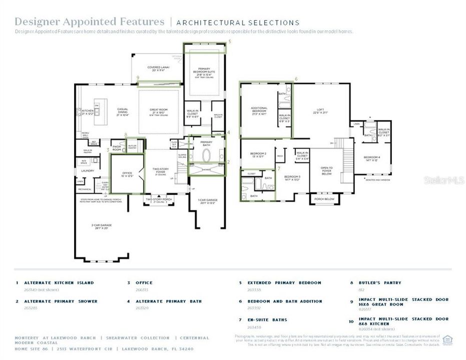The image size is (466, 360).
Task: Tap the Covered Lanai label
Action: tap(158, 68)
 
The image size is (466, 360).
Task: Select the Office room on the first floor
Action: tap(127, 174)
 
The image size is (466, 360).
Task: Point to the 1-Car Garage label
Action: tap(207, 201)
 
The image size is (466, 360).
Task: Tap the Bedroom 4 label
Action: tap(372, 158)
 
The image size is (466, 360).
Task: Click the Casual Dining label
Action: tap(123, 111)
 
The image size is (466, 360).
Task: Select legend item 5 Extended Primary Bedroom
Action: tap(284, 283)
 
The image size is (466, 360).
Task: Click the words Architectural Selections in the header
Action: tap(238, 22)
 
